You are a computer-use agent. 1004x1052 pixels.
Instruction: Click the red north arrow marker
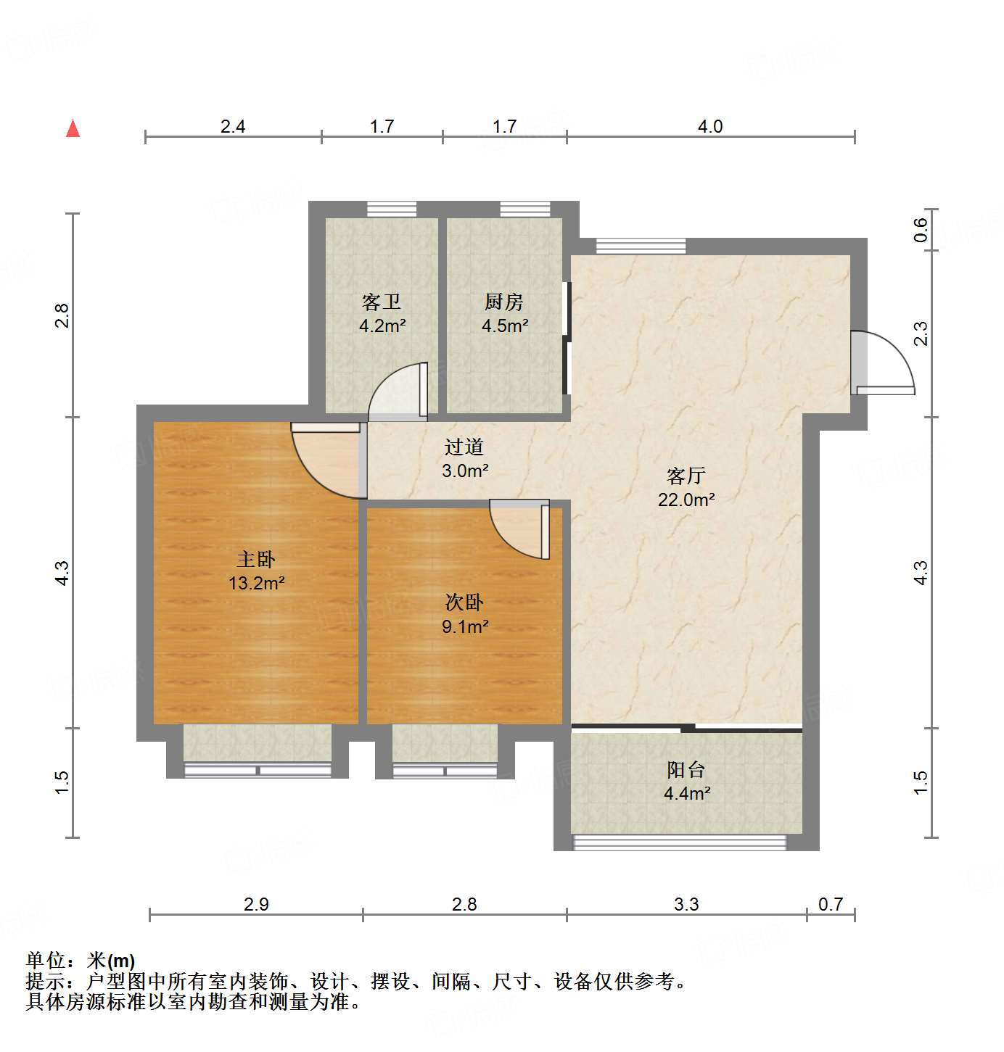click(73, 128)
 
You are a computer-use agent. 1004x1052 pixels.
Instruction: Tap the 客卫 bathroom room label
click(382, 302)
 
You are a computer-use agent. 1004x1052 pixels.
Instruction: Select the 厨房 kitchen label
click(504, 302)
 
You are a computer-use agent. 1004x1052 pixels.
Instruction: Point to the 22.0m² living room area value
click(686, 500)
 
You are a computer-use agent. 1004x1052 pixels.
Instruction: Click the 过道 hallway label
click(464, 447)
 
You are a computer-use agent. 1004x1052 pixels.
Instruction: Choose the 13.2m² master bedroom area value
click(256, 583)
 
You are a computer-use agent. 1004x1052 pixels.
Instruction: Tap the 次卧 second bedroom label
click(464, 602)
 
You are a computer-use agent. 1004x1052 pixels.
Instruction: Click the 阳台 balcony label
click(686, 769)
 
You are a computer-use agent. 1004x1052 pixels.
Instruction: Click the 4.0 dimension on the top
click(710, 126)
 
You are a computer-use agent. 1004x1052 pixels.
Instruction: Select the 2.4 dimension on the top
click(233, 126)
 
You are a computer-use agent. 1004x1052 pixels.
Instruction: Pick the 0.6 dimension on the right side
click(921, 230)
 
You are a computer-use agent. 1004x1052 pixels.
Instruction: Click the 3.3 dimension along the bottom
click(686, 904)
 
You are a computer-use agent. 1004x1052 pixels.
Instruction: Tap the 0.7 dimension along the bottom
click(831, 904)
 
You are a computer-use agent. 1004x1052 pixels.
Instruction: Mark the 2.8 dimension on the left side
click(62, 315)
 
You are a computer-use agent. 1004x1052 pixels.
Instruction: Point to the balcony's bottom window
click(680, 842)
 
